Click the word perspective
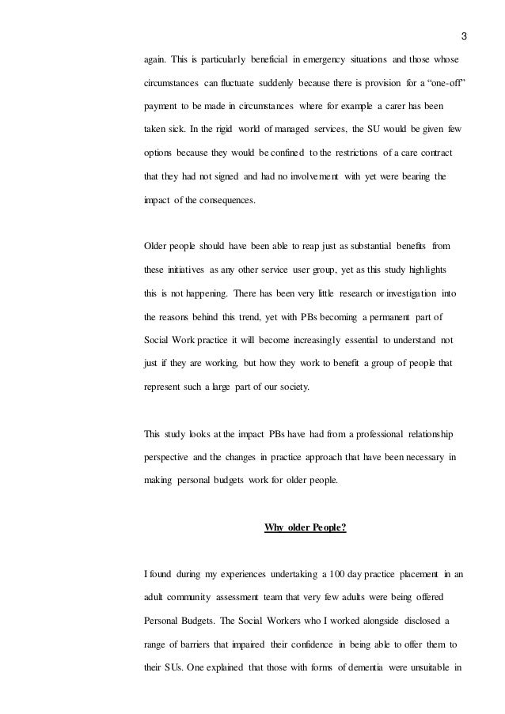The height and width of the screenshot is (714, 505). coord(172,458)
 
